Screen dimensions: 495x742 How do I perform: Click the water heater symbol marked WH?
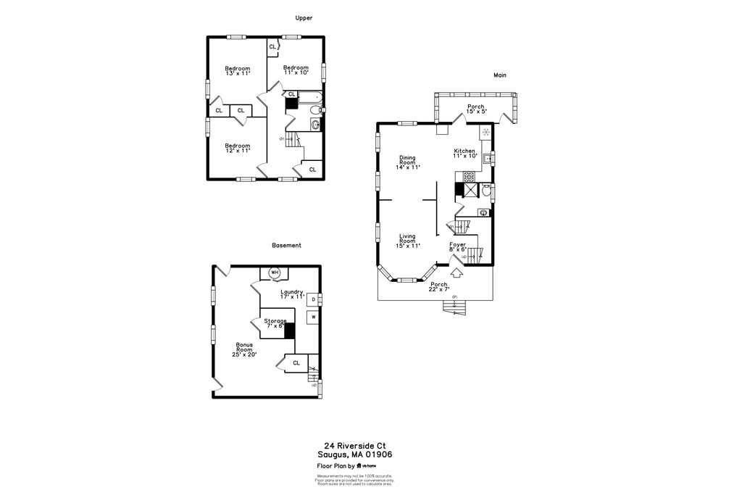click(x=274, y=273)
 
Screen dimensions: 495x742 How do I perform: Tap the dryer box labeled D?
click(x=313, y=299)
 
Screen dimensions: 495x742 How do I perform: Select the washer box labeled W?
click(x=313, y=317)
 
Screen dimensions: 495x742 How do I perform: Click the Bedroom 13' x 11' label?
click(x=237, y=71)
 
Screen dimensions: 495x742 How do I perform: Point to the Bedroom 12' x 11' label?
click(x=237, y=148)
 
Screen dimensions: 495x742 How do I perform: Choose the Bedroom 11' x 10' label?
click(x=296, y=70)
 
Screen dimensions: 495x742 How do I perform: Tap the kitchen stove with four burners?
click(x=469, y=175)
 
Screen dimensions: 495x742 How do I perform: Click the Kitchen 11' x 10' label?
click(x=464, y=154)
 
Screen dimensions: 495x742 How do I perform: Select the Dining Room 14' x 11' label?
click(x=408, y=162)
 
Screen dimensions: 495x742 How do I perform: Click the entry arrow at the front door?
click(x=457, y=274)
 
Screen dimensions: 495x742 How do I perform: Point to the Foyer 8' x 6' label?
click(x=457, y=247)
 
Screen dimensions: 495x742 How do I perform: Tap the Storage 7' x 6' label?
click(x=275, y=323)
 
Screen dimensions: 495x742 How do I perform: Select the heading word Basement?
click(x=286, y=246)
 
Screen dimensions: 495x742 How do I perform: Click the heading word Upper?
click(x=304, y=18)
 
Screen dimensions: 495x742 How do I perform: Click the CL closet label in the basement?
click(x=296, y=362)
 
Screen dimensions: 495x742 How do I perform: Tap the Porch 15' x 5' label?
click(x=476, y=109)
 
